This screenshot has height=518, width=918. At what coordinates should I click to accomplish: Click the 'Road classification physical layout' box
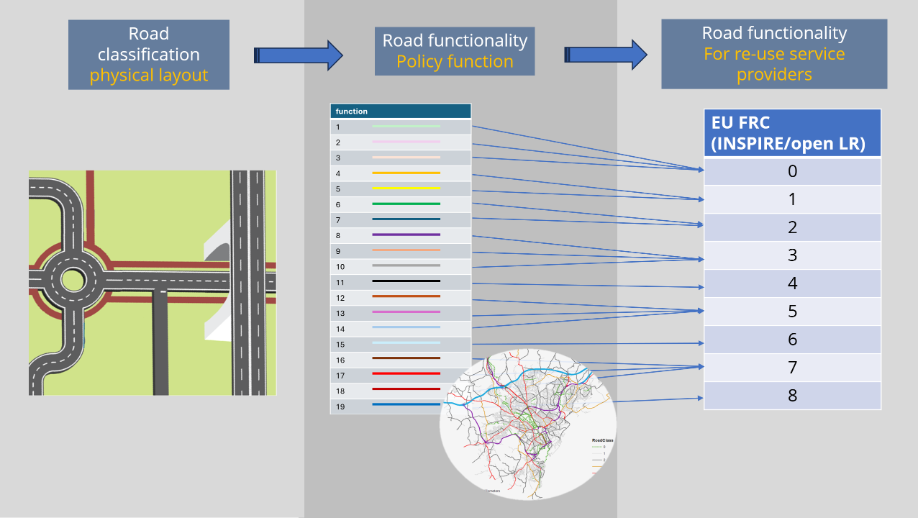(x=149, y=55)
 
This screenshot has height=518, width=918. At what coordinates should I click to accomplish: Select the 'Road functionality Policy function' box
(x=455, y=51)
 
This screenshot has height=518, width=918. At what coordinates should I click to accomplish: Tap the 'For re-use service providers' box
(x=774, y=54)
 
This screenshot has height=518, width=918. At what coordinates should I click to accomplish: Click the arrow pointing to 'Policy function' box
(x=299, y=55)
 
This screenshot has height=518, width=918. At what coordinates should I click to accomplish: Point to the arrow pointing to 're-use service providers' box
(x=606, y=55)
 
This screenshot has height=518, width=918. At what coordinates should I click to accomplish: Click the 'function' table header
(x=400, y=112)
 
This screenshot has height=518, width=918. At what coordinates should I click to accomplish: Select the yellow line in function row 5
(x=406, y=188)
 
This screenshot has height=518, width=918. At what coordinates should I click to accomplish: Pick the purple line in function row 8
(x=406, y=235)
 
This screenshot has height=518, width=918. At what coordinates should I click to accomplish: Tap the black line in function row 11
(x=406, y=281)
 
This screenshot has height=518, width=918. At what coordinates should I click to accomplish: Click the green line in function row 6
(x=406, y=204)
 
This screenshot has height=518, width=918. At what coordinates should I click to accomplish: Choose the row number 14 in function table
(x=340, y=329)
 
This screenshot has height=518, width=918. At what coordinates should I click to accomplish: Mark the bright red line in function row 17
(x=406, y=374)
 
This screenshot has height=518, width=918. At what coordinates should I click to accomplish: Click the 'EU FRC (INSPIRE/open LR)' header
(x=792, y=133)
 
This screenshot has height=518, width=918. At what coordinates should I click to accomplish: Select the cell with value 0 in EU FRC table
(x=792, y=171)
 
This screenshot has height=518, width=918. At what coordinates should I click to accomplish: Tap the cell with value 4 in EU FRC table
(x=792, y=283)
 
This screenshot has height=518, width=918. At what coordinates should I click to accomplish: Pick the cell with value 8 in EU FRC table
(x=792, y=396)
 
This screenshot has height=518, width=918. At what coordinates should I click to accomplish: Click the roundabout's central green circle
(x=73, y=281)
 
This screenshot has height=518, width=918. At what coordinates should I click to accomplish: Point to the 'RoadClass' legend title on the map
(x=602, y=440)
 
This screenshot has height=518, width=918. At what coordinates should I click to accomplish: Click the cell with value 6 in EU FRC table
(x=792, y=340)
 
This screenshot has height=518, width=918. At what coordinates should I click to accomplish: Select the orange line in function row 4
(x=406, y=173)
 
